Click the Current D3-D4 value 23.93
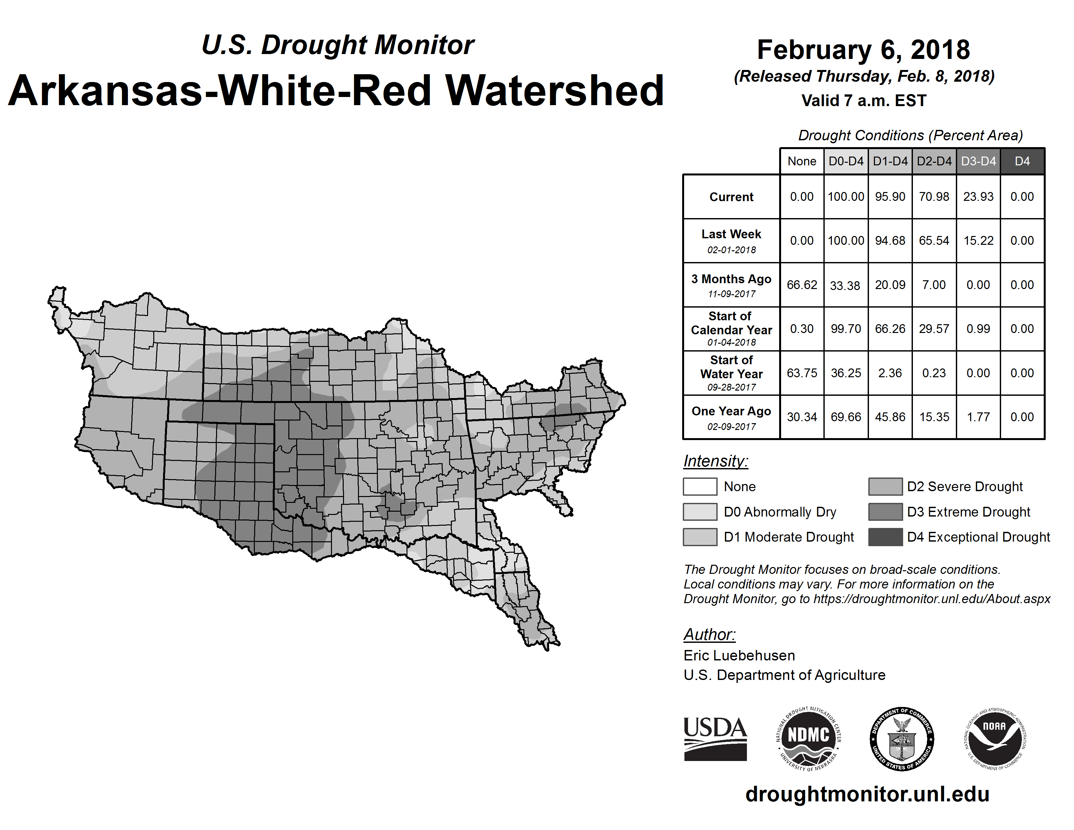coord(978,197)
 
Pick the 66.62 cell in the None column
coord(802,285)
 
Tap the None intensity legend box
coord(700,486)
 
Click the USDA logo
coord(715,739)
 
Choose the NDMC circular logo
coord(808,739)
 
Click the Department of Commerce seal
coord(902,739)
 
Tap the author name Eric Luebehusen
coord(739,656)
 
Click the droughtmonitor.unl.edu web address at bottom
coord(867,794)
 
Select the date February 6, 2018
coord(863,50)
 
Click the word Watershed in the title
coord(554,90)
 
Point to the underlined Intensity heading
coord(715,461)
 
